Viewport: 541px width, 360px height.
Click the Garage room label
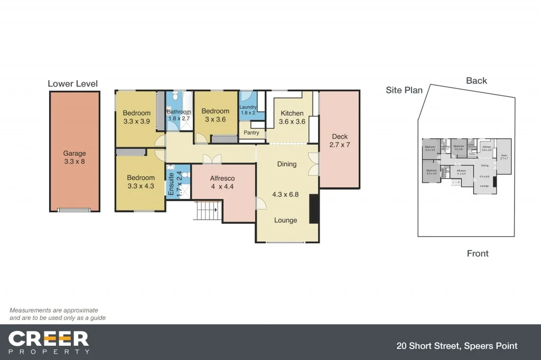coord(74,154)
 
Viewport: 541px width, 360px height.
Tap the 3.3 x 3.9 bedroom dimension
coord(136,121)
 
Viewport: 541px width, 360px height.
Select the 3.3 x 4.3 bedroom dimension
coord(141,186)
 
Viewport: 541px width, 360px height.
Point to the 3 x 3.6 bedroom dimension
coord(215,120)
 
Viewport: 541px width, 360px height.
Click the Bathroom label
coord(179,111)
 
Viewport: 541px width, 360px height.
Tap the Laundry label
coord(248,107)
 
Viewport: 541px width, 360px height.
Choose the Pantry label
coord(251,132)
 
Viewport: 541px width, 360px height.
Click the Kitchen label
coord(292,113)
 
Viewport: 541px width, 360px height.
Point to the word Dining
coord(287,164)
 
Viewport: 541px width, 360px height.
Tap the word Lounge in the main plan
coord(285,220)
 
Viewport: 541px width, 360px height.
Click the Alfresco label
coord(222,178)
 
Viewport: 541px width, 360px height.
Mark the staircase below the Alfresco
coord(207,211)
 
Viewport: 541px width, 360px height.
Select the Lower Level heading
coord(72,83)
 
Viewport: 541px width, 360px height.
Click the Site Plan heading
coord(404,90)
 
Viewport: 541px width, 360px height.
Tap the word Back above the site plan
coord(477,81)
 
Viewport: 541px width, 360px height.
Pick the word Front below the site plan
coord(478,253)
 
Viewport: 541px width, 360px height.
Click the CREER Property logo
coord(49,342)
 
